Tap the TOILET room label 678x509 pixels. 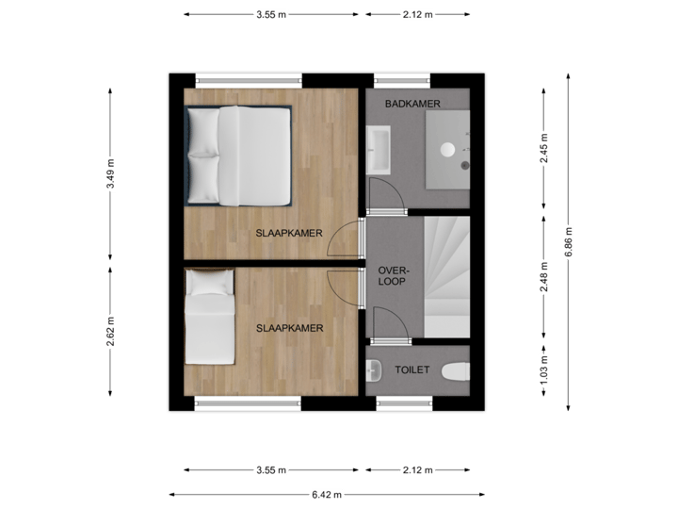412,370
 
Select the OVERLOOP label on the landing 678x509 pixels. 391,274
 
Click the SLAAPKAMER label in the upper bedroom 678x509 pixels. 290,233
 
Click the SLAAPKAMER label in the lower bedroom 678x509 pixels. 290,328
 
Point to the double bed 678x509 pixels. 239,155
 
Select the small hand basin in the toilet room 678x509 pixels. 373,369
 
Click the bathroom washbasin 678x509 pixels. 379,151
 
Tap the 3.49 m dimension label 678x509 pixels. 111,173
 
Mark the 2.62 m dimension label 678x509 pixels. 111,331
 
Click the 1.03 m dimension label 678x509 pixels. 544,370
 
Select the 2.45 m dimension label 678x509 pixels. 544,149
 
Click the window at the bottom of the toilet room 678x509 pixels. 403,403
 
